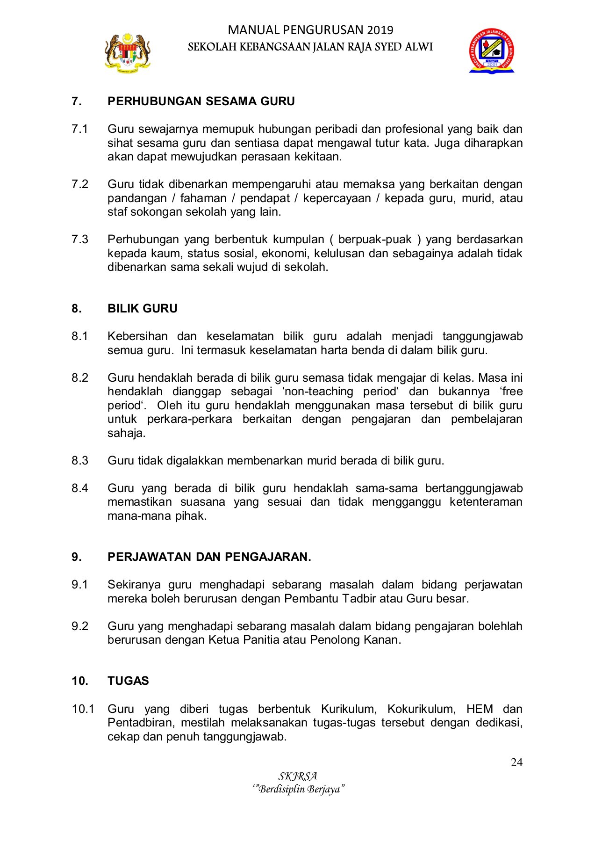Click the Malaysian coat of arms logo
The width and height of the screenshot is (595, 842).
pyautogui.click(x=127, y=52)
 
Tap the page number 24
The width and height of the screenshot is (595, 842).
pyautogui.click(x=516, y=762)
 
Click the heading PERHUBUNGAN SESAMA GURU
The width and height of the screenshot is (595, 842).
pyautogui.click(x=201, y=102)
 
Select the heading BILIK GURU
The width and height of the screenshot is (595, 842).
pyautogui.click(x=142, y=309)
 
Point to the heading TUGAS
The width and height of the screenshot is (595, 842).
pyautogui.click(x=128, y=681)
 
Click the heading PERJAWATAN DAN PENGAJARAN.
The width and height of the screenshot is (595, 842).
pyautogui.click(x=209, y=557)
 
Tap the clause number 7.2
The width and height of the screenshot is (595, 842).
pyautogui.click(x=80, y=184)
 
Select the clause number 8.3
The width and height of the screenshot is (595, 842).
pyautogui.click(x=80, y=461)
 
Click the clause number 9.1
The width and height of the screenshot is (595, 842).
pyautogui.click(x=80, y=585)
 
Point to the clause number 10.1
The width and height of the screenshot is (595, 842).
pyautogui.click(x=83, y=709)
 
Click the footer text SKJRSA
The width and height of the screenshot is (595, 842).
pyautogui.click(x=298, y=777)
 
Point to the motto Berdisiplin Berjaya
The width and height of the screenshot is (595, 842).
pyautogui.click(x=298, y=790)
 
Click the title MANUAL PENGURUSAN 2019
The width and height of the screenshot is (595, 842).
pyautogui.click(x=310, y=30)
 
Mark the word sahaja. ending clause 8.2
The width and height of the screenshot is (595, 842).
pyautogui.click(x=126, y=433)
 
